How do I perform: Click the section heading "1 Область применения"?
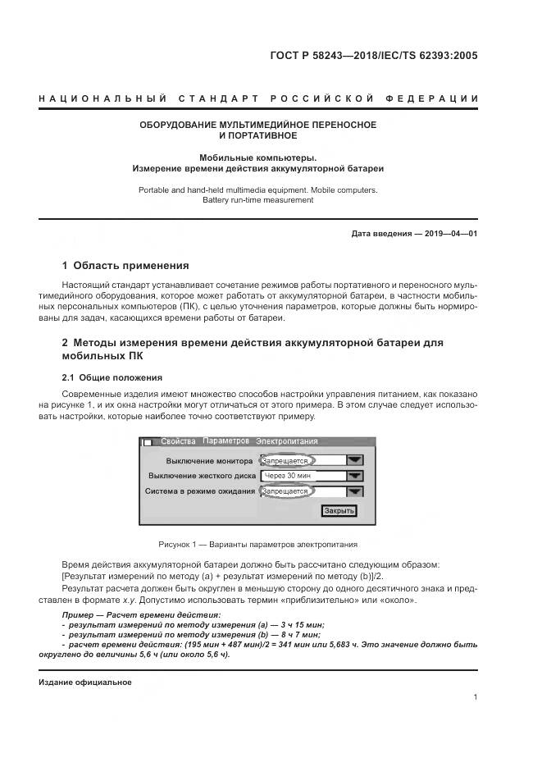tap(125, 266)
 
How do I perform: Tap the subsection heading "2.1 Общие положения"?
tap(112, 377)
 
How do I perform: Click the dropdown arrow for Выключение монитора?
tap(354, 461)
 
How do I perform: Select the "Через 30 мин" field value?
tap(286, 476)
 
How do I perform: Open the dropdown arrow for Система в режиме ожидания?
tap(354, 491)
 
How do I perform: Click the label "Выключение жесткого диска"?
tap(203, 476)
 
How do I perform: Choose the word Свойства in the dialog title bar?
tap(178, 441)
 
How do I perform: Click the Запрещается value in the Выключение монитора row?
tap(286, 461)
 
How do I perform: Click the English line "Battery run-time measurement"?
tap(257, 200)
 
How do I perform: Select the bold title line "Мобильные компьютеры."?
tap(257, 157)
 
